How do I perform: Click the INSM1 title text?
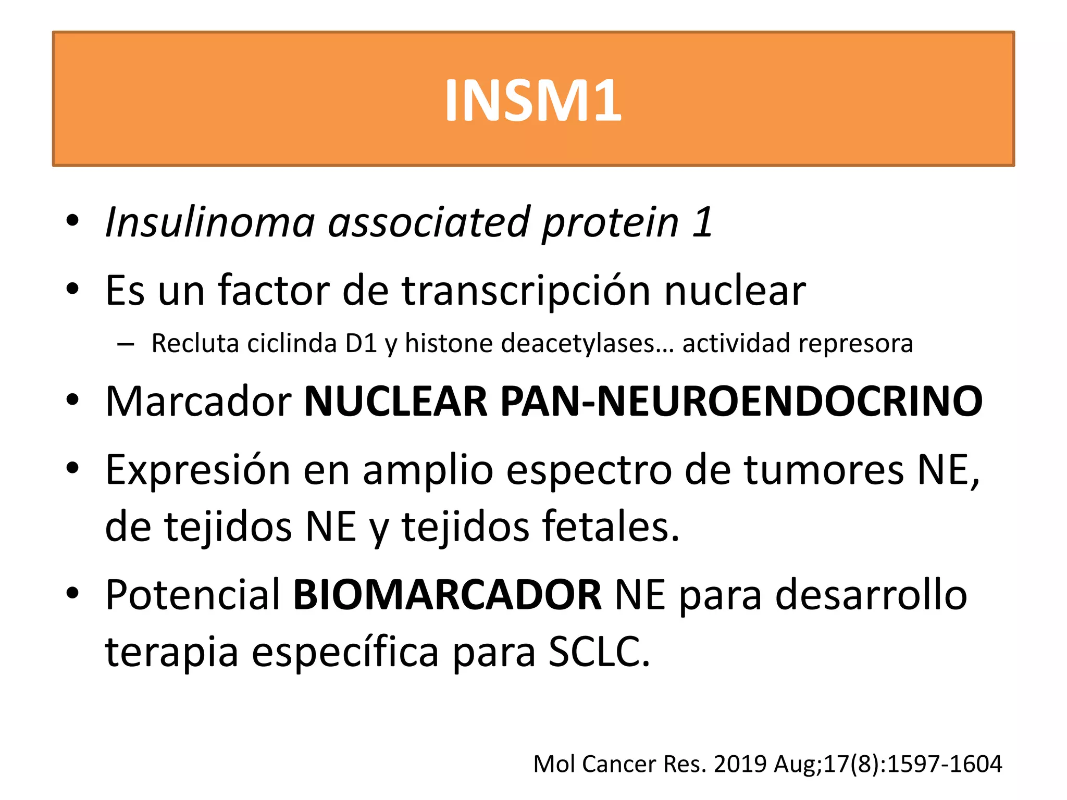pyautogui.click(x=533, y=100)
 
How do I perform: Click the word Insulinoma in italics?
pyautogui.click(x=210, y=223)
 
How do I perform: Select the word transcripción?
pyautogui.click(x=526, y=291)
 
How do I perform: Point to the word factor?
pyautogui.click(x=274, y=290)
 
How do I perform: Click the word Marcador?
pyautogui.click(x=198, y=402)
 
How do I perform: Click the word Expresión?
pyautogui.click(x=197, y=470)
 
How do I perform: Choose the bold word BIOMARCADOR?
pyautogui.click(x=447, y=595)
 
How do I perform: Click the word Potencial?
pyautogui.click(x=193, y=595)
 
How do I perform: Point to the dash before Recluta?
pyautogui.click(x=126, y=344)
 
